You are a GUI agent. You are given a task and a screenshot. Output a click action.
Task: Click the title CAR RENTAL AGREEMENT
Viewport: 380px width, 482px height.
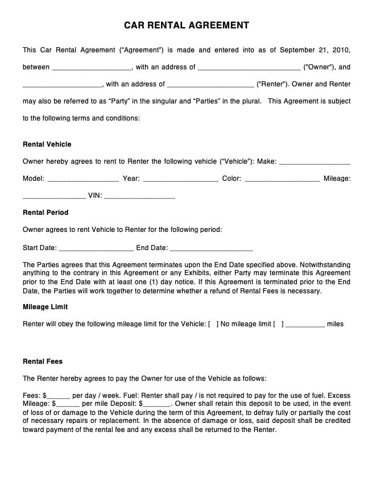click(x=187, y=26)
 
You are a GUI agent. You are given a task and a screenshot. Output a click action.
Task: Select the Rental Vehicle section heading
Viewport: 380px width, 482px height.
click(x=47, y=144)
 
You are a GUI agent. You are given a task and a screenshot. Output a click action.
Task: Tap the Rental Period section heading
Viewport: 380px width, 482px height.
click(x=46, y=213)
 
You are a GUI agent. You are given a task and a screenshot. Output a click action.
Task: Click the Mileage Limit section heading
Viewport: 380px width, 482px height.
click(x=45, y=307)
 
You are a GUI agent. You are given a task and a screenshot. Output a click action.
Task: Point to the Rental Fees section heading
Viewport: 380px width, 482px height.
click(x=43, y=361)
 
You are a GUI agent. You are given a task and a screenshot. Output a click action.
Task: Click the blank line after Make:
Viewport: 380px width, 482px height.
click(x=315, y=163)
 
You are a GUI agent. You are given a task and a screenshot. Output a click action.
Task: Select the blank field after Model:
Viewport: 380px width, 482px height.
click(x=83, y=180)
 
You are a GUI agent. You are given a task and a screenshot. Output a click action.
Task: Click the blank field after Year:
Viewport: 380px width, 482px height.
click(x=180, y=180)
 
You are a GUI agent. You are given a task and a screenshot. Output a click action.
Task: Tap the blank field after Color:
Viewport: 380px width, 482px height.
click(x=282, y=180)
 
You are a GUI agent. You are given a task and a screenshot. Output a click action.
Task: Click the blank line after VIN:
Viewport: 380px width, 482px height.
click(x=139, y=197)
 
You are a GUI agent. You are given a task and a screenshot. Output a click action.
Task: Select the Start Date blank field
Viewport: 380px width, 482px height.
click(x=96, y=248)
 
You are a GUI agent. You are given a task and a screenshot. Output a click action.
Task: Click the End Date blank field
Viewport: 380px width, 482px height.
click(x=211, y=248)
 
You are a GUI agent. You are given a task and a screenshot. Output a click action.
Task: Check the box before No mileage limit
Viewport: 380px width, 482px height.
click(x=213, y=325)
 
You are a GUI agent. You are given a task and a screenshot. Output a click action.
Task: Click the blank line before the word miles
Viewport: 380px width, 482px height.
click(x=305, y=325)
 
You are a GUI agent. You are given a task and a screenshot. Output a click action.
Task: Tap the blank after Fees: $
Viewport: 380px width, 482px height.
click(x=59, y=396)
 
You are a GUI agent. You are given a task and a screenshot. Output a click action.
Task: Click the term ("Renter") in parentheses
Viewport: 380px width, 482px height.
click(x=272, y=84)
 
